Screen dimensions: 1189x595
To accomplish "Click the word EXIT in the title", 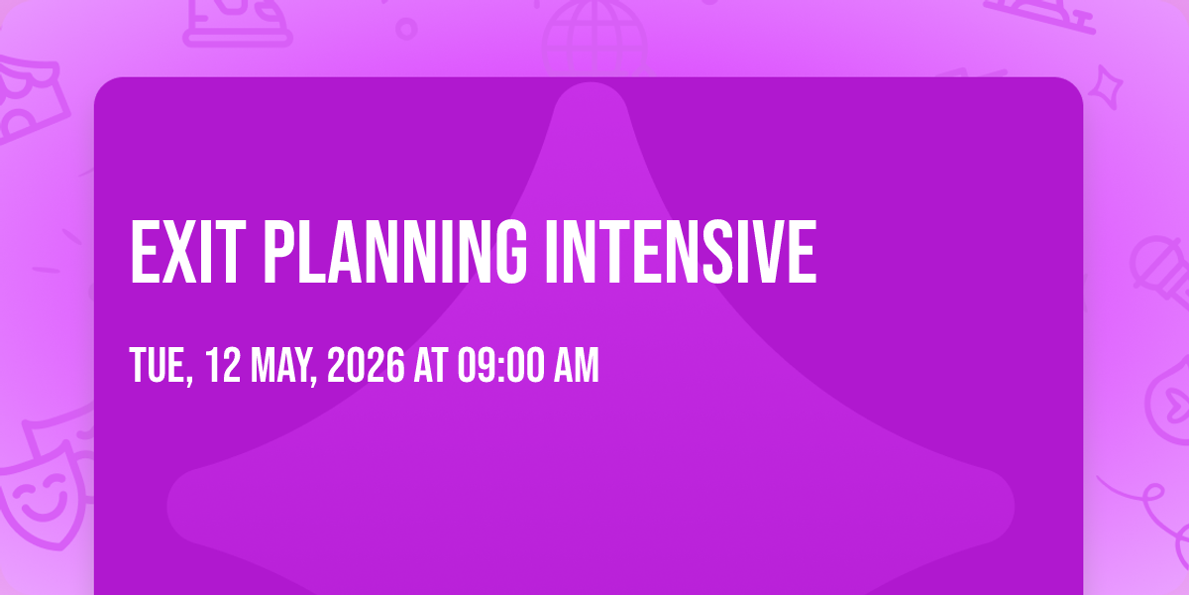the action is [188, 252].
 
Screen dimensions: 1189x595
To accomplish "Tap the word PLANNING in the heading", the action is [395, 252].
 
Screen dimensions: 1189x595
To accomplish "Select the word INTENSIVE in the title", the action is [681, 252].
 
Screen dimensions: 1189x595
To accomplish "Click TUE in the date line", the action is [161, 366].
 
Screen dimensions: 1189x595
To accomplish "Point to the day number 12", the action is [223, 365].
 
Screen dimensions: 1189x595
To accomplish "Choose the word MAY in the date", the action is [284, 366].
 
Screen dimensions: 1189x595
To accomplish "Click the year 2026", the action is [366, 365].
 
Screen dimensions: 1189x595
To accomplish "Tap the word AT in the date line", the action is [431, 365].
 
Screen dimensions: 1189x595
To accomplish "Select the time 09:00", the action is [501, 365].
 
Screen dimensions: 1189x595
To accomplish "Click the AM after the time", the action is [577, 365].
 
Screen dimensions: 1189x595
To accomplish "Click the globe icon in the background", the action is [594, 35].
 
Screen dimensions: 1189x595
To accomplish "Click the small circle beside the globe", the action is [406, 29].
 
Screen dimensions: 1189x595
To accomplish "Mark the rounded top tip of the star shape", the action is [591, 86].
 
